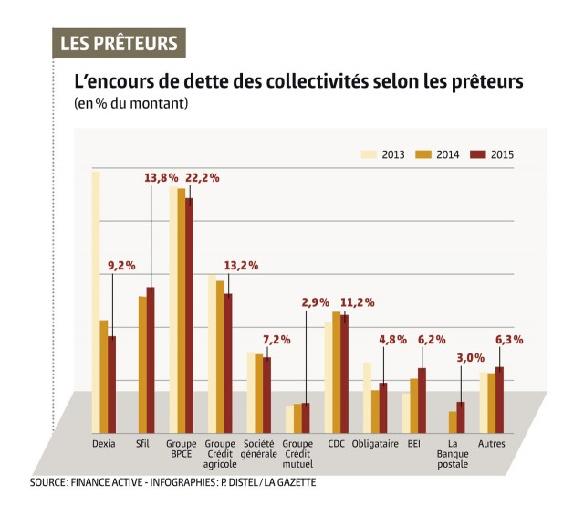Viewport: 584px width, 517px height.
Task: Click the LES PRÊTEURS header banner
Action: [119, 43]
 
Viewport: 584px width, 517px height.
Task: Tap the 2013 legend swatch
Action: [369, 153]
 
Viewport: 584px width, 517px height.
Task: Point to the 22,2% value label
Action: [203, 178]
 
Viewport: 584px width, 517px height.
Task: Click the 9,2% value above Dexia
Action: [121, 266]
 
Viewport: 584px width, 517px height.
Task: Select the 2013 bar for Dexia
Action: [96, 301]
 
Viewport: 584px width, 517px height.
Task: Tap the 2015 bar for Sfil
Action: [151, 360]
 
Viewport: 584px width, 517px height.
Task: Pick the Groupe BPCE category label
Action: [182, 449]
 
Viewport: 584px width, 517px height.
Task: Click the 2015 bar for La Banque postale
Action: [461, 417]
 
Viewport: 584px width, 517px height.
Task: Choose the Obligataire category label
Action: [375, 444]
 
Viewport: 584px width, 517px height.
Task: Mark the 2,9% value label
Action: [316, 302]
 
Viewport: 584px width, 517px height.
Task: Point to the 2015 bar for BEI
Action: [422, 400]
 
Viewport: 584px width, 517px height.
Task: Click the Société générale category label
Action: [258, 449]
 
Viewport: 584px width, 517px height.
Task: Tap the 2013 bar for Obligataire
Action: [367, 397]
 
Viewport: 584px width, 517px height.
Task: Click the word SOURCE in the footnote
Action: [48, 481]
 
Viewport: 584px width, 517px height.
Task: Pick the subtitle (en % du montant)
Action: [131, 104]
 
